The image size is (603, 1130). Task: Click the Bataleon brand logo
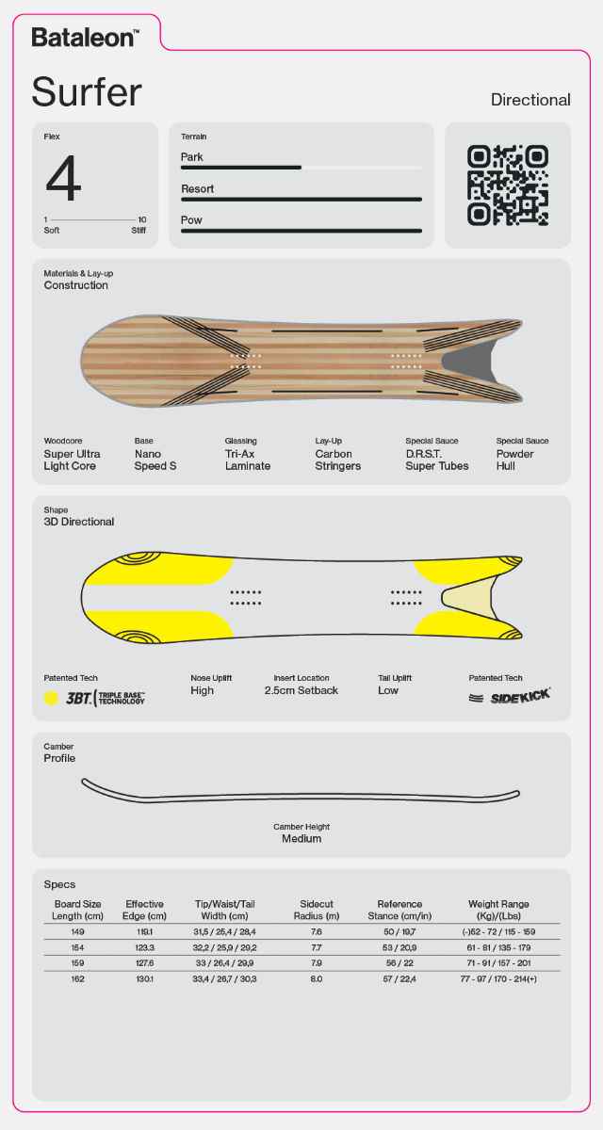pos(86,38)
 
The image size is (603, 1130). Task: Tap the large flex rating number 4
pos(63,178)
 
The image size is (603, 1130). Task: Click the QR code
pos(508,186)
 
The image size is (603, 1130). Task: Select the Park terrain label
pos(192,157)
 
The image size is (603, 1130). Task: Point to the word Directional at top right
pos(530,100)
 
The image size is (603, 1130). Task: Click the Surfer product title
pos(87,92)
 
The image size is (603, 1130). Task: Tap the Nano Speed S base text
pos(155,460)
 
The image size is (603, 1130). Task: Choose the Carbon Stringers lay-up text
pos(338,460)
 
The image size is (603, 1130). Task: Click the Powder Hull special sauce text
pos(514,460)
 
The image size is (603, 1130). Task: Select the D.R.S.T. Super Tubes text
pos(437,460)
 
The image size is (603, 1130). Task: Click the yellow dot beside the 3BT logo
pos(51,698)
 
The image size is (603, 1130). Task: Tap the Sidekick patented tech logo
pos(510,697)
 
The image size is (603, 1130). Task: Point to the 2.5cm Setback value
pos(301,690)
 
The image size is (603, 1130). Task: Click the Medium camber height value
pos(301,839)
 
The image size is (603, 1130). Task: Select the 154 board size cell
pos(77,948)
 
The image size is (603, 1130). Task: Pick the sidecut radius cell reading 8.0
pos(317,979)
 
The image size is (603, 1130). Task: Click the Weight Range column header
pos(498,910)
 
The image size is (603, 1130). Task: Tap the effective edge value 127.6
pos(145,963)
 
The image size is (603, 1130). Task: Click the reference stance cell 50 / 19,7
pos(399,932)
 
